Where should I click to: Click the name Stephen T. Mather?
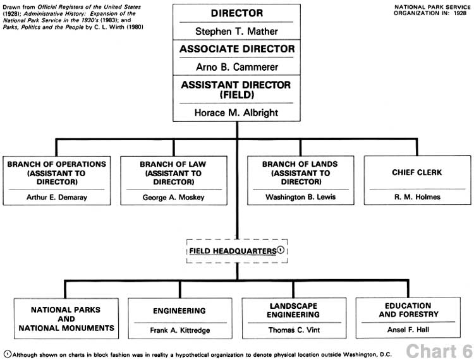pos(236,32)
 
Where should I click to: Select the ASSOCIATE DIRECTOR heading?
pos(237,49)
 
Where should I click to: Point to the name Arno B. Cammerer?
pos(237,67)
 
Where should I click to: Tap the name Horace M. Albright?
pos(236,112)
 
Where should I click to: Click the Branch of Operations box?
pos(57,181)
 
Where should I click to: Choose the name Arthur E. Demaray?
pos(57,198)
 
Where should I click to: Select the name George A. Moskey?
pos(174,198)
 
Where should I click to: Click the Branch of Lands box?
pos(300,180)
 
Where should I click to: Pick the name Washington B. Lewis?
pos(300,197)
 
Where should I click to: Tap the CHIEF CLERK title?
pos(417,172)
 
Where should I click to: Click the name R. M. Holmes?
pos(417,197)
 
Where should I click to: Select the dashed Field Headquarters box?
pos(237,251)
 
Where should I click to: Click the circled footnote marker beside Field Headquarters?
pos(281,250)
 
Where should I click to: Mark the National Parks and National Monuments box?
pos(66,318)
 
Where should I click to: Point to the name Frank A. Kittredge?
pos(180,330)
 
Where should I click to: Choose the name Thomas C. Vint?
pos(294,330)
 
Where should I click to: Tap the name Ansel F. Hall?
pos(408,330)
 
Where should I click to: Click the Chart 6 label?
pos(439,351)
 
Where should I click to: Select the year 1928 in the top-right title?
pos(460,13)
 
